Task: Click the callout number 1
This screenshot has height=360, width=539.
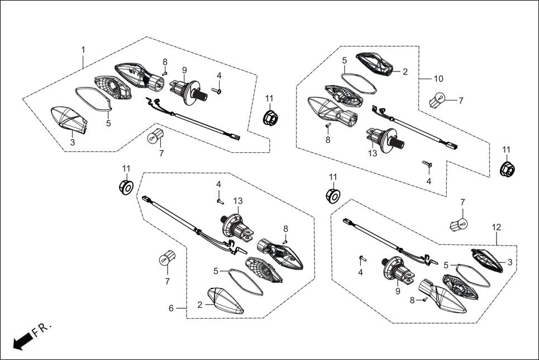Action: point(83,50)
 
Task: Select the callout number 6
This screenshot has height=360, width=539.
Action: point(171,308)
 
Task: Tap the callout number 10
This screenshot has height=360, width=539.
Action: point(438,79)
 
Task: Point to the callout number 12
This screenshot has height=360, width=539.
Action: point(496,227)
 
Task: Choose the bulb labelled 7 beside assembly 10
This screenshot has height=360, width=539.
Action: point(437,100)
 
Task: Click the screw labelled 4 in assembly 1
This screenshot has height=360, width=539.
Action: point(218,91)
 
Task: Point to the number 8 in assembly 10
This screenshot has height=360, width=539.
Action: point(328,140)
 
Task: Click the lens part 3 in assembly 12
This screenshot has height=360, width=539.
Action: point(488,260)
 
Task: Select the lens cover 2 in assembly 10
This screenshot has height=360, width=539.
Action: point(377,63)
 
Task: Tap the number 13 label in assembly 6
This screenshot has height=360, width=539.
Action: point(239,201)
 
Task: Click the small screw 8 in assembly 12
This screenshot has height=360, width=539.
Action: point(424,300)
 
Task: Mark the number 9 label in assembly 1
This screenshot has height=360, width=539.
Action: point(184,70)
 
